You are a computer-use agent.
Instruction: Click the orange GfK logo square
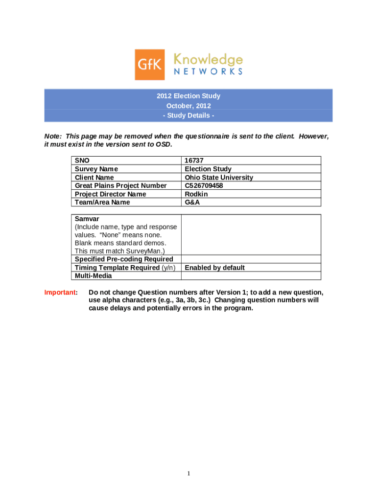click(150, 64)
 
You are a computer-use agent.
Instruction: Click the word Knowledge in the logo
click(208, 60)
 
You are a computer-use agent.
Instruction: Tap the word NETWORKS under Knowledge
click(208, 71)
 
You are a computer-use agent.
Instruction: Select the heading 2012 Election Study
click(188, 96)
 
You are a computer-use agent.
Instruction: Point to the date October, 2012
click(188, 106)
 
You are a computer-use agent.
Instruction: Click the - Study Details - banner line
click(188, 116)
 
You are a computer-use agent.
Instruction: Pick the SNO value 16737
click(194, 160)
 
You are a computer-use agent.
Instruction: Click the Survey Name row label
click(96, 169)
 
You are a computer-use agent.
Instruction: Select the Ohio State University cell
click(219, 177)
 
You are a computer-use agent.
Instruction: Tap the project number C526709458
click(204, 185)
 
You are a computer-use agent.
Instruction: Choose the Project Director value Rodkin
click(196, 194)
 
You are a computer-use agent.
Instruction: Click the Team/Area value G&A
click(192, 202)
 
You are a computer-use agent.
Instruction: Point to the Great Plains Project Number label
click(120, 185)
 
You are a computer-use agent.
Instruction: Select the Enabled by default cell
click(214, 268)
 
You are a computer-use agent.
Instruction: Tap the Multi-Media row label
click(93, 276)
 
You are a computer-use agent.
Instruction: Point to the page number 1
click(188, 474)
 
